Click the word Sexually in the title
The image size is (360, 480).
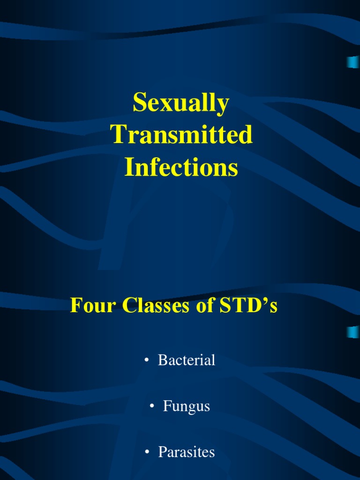pyautogui.click(x=181, y=104)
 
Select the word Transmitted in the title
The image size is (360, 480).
pyautogui.click(x=181, y=135)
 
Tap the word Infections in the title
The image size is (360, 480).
pyautogui.click(x=181, y=168)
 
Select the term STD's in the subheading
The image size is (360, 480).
pyautogui.click(x=247, y=306)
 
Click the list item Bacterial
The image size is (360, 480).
pyautogui.click(x=187, y=360)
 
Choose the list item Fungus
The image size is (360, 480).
pyautogui.click(x=186, y=406)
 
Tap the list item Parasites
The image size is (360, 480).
pyautogui.click(x=187, y=452)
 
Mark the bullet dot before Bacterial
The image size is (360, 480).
pyautogui.click(x=147, y=360)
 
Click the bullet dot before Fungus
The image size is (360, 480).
pyautogui.click(x=152, y=406)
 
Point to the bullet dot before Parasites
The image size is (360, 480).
pyautogui.click(x=147, y=452)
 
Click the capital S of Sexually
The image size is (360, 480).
pyautogui.click(x=139, y=103)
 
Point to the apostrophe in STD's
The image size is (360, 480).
pyautogui.click(x=263, y=301)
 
